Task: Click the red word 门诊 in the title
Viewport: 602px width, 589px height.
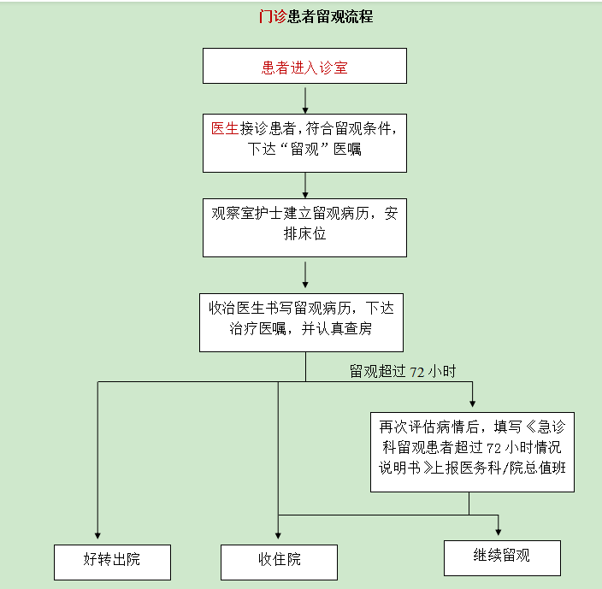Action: coord(273,16)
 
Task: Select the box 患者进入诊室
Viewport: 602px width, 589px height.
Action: coord(304,66)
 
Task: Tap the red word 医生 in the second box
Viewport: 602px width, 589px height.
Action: coord(225,128)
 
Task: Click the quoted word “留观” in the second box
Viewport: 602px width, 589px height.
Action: coord(304,149)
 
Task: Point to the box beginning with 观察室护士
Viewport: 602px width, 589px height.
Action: coord(304,228)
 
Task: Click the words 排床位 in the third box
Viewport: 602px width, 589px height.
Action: coord(304,233)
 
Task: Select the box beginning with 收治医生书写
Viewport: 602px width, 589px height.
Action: coord(301,322)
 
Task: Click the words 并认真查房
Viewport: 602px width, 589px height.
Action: coord(337,328)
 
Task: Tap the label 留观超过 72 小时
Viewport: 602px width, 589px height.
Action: coord(403,371)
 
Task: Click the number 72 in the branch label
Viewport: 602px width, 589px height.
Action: coord(417,372)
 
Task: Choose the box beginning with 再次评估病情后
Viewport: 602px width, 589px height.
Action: coord(472,452)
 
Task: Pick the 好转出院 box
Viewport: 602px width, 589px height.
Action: coord(113,562)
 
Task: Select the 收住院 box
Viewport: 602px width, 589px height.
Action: coord(279,562)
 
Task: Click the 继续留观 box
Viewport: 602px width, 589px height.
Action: coord(502,558)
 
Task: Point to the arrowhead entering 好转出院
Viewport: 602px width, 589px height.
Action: coord(97,536)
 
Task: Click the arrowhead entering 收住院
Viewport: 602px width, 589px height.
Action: coord(279,536)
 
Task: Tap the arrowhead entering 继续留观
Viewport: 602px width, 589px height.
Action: coord(499,533)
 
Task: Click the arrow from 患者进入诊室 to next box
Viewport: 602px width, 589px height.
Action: coord(305,101)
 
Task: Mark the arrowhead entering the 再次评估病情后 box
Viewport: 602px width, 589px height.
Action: coord(473,404)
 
